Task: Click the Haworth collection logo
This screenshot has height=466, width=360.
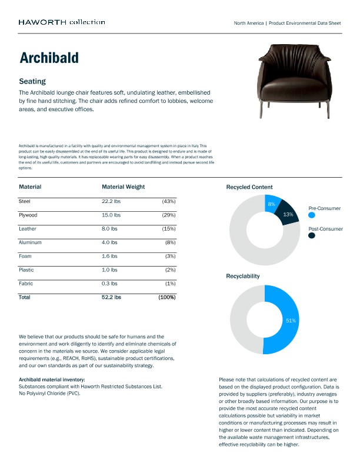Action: coord(62,22)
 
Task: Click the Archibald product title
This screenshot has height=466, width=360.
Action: coord(49,58)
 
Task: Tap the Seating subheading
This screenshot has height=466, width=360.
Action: coord(32,81)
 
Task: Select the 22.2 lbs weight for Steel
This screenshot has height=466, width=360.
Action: coord(111,201)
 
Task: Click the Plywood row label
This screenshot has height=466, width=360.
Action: coord(29,215)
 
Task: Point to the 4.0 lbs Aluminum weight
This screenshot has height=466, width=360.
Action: coord(109,242)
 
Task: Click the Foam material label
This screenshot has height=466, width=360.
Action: coord(25,256)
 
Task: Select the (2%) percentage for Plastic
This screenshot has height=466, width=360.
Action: coord(170,269)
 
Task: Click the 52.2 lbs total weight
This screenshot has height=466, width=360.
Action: coord(111,298)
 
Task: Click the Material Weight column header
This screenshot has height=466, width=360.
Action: coord(123,187)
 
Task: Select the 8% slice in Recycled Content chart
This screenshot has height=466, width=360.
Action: coord(272,204)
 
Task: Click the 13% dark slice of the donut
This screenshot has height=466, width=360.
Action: coord(288,215)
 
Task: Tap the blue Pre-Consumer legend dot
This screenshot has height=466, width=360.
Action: coord(312,216)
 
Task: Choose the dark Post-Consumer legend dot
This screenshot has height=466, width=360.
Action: coord(312,235)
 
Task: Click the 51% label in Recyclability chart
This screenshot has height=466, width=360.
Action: coord(291,321)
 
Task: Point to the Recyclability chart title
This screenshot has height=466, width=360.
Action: coord(243,276)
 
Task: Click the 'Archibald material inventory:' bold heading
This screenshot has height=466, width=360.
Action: coord(52,380)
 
